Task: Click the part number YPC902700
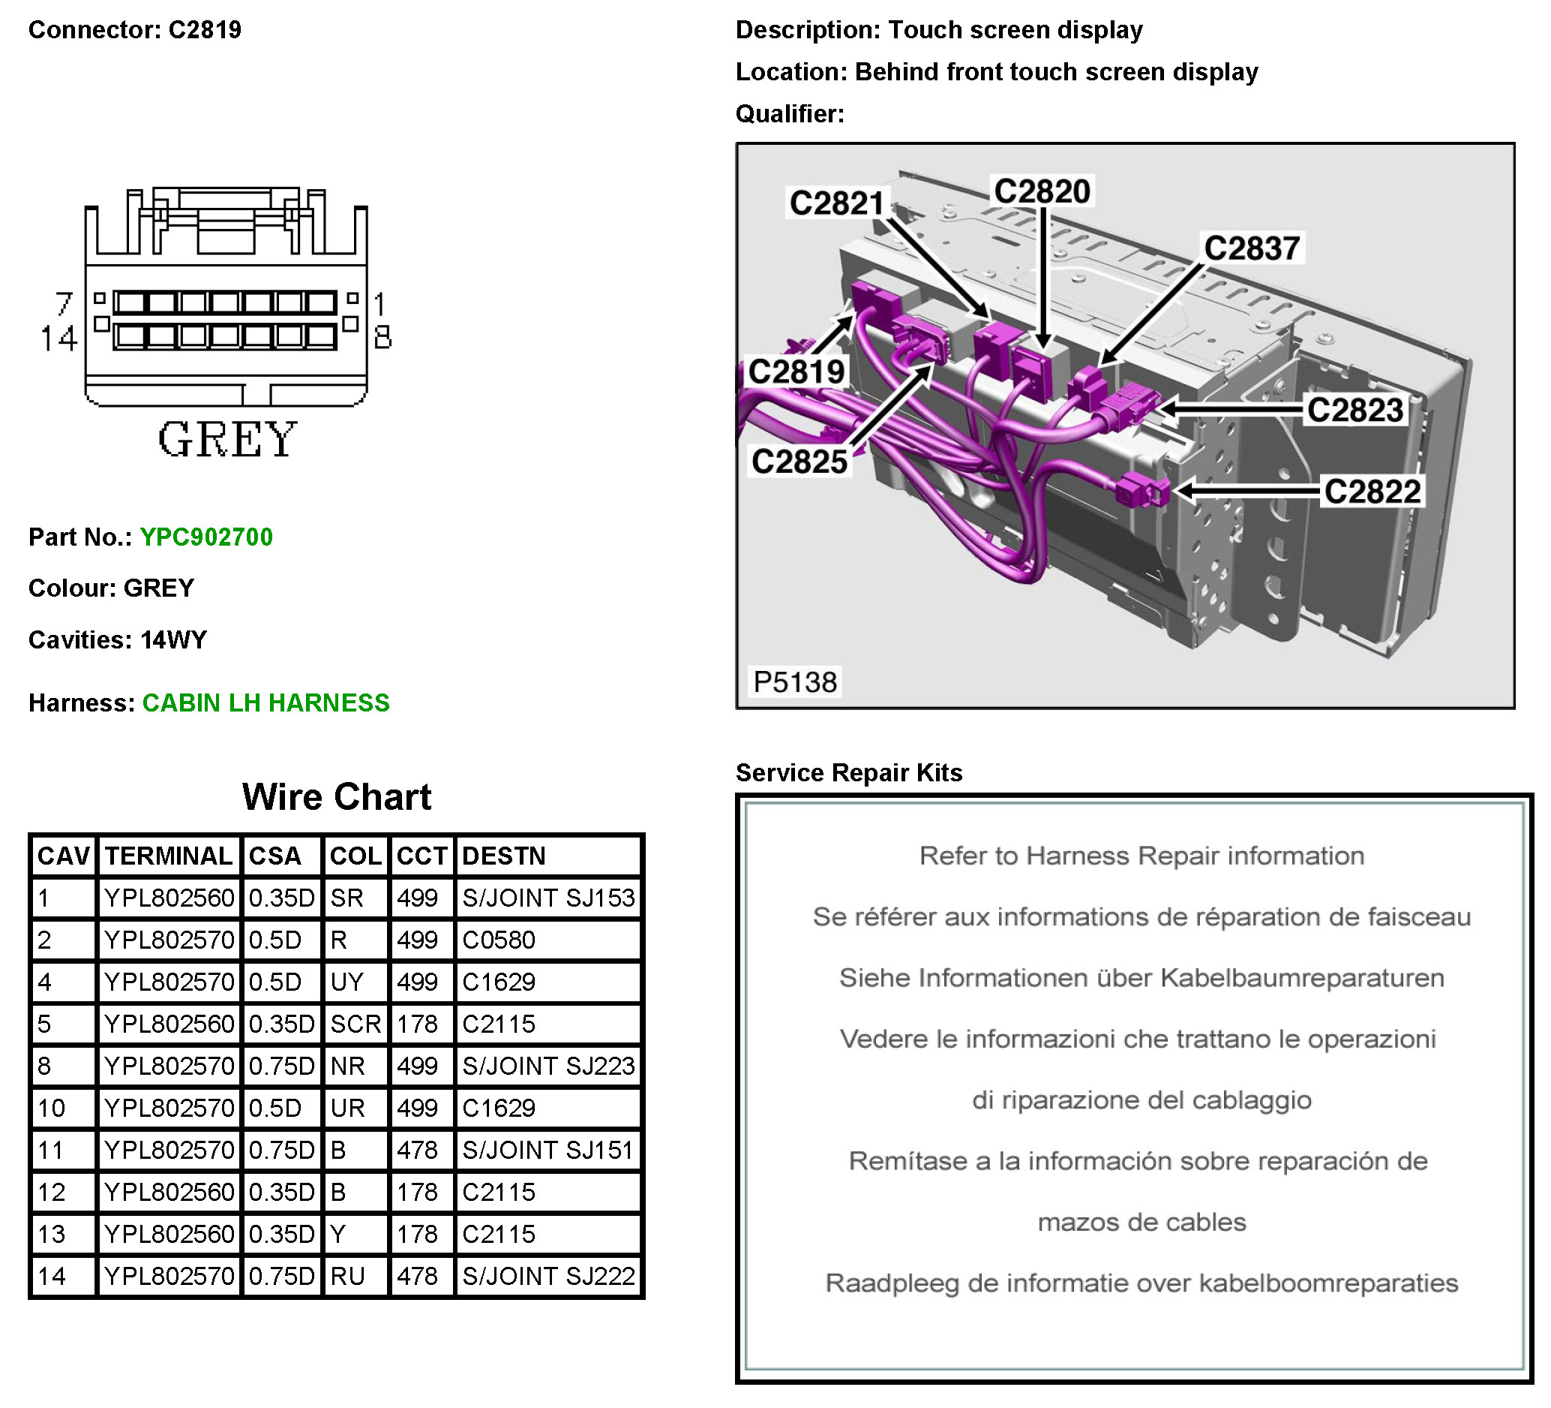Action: [x=206, y=537]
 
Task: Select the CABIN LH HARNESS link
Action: [x=266, y=702]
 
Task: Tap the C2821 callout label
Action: [x=837, y=203]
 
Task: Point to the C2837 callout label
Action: [x=1252, y=248]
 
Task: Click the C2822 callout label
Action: [x=1372, y=491]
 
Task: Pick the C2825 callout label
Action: [x=799, y=462]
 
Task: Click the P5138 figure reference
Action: [x=795, y=682]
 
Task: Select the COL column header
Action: [x=355, y=856]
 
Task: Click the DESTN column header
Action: [x=504, y=856]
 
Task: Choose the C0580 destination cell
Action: [x=499, y=940]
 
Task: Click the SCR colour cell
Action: [x=355, y=1024]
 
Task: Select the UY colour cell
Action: [x=347, y=982]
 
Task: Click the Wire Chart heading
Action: [x=337, y=797]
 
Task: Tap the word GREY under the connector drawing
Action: [x=227, y=440]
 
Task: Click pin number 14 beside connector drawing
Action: [x=58, y=338]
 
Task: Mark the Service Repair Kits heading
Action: [x=848, y=773]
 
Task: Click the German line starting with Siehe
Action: [x=1141, y=978]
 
